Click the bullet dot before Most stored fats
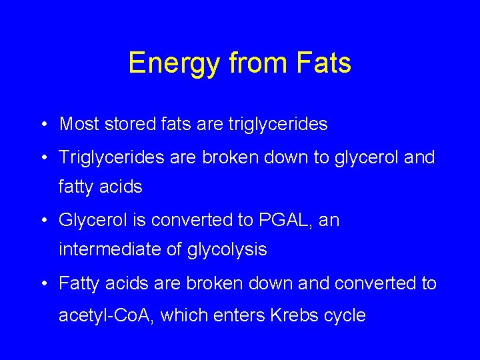tap(42, 125)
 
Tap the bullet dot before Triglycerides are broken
tap(42, 159)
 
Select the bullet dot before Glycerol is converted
tap(42, 221)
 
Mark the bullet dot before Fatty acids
tap(42, 284)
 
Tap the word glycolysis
tap(227, 251)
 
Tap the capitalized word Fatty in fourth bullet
tap(78, 284)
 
